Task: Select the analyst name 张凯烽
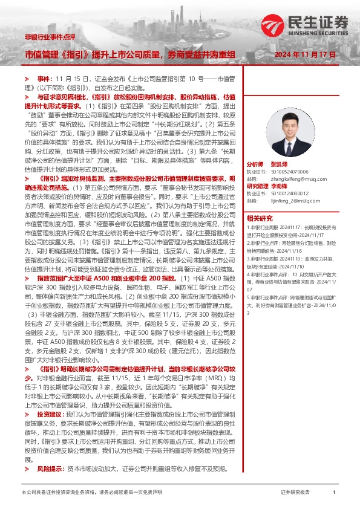pos(280,164)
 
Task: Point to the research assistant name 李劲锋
pos(279,186)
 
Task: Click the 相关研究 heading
pos(259,218)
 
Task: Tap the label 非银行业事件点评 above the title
pos(50,37)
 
